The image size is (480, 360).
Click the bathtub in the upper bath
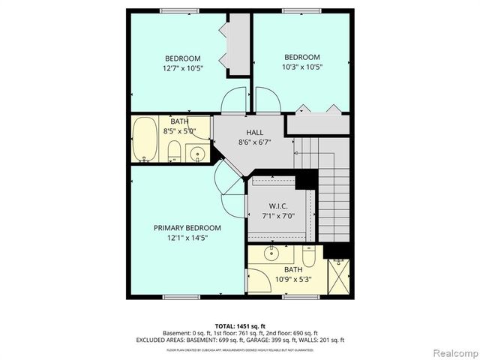(x=144, y=140)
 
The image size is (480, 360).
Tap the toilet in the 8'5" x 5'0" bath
(x=174, y=152)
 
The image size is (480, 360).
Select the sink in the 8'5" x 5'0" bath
(x=198, y=154)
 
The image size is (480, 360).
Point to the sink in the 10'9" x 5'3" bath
(x=272, y=253)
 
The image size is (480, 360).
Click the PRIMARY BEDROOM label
(x=187, y=228)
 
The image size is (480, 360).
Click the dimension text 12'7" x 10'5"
(x=183, y=68)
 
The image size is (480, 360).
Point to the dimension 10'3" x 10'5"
(x=301, y=67)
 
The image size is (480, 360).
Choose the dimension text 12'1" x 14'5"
(x=187, y=238)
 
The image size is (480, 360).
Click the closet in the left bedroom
(x=239, y=45)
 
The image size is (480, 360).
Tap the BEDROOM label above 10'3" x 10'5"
(x=301, y=57)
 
